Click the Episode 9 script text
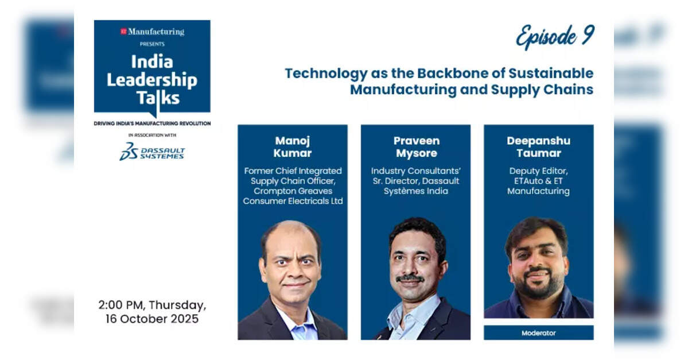555,36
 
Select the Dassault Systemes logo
152,151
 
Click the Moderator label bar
538,333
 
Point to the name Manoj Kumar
292,146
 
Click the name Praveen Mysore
416,146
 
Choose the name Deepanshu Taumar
538,146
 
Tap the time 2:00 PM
122,305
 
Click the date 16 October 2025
152,319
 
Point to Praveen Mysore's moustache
410,278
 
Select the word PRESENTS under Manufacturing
152,44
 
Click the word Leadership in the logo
152,80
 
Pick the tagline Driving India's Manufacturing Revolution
152,123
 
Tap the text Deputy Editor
538,171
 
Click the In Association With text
152,136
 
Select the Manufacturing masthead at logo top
152,32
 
